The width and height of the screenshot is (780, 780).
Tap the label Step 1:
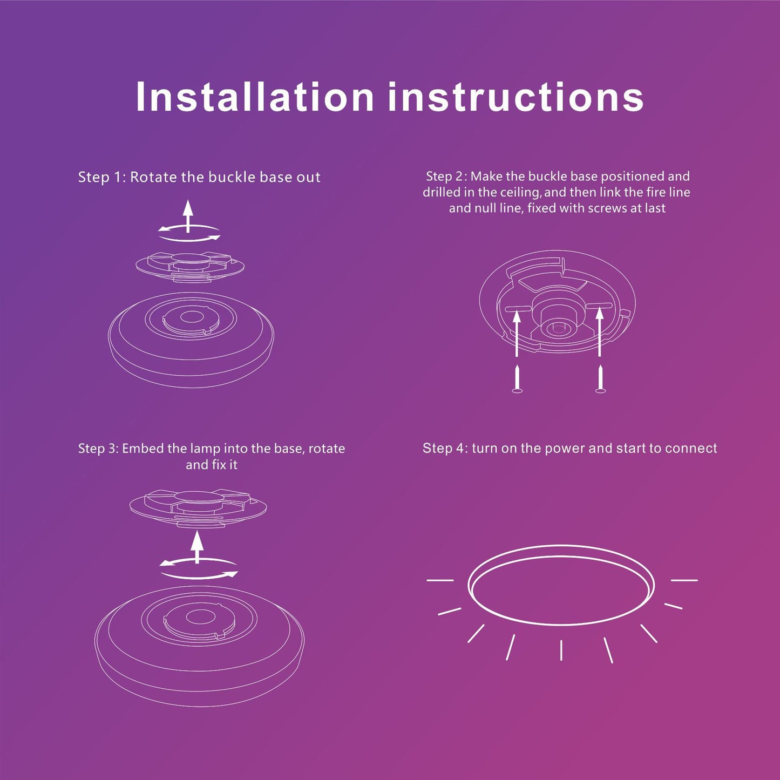103,177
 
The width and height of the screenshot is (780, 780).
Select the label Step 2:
446,176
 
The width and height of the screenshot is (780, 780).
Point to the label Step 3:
98,449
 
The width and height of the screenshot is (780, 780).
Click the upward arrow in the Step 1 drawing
187,216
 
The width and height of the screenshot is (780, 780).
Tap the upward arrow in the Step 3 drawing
197,547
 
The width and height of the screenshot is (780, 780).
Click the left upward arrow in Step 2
517,333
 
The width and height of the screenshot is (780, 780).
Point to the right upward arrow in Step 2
600,333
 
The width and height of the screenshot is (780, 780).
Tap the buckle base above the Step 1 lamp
190,266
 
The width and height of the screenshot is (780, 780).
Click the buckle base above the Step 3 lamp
198,507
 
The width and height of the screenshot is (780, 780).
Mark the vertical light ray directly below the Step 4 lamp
561,650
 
